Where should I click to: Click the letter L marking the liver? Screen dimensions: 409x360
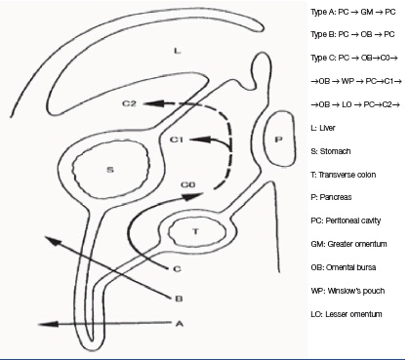pos(177,51)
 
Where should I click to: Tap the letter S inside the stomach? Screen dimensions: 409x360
pos(110,170)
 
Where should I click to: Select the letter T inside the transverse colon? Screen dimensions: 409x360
pos(195,231)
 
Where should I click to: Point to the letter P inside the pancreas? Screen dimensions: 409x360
pos(278,140)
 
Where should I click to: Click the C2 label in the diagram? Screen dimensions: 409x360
pos(129,103)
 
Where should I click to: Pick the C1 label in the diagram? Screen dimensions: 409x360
pos(177,140)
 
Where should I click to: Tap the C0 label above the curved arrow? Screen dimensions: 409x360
pos(188,184)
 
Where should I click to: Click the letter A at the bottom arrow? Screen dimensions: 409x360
pos(180,324)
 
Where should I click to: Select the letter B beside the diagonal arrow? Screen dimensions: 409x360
pos(179,299)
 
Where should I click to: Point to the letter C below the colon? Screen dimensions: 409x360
pos(177,269)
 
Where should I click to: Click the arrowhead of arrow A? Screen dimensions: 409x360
pos(48,324)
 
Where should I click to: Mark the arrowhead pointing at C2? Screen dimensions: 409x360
pos(152,103)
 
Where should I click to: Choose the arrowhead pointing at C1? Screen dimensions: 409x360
pos(199,140)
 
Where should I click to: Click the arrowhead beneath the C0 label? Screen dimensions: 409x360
pos(191,197)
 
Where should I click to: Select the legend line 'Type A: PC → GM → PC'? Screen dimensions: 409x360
pos(353,12)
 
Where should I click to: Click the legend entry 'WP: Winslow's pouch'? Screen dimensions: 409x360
pos(348,291)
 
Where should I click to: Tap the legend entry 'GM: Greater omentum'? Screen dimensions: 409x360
pos(348,244)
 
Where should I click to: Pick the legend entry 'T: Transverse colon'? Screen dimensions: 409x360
pos(344,175)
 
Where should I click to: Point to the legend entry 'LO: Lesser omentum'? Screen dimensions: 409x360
pos(347,314)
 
